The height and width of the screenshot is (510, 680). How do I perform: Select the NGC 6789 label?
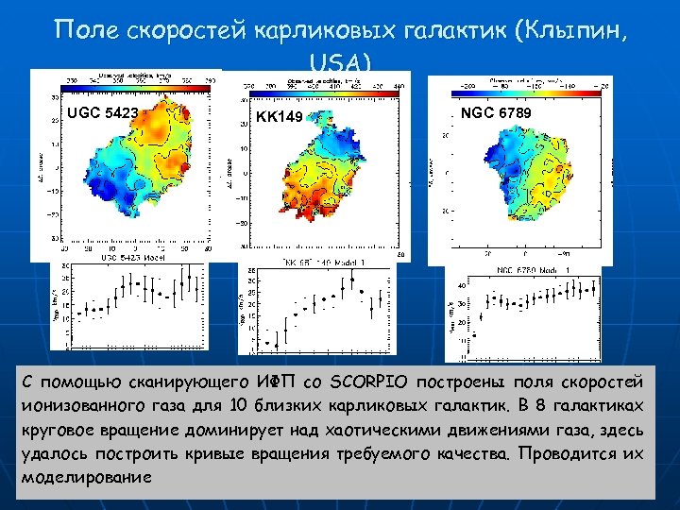pyautogui.click(x=496, y=113)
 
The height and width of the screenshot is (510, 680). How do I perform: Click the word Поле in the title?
pyautogui.click(x=91, y=29)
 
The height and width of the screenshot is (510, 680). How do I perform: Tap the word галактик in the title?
pyautogui.click(x=450, y=30)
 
